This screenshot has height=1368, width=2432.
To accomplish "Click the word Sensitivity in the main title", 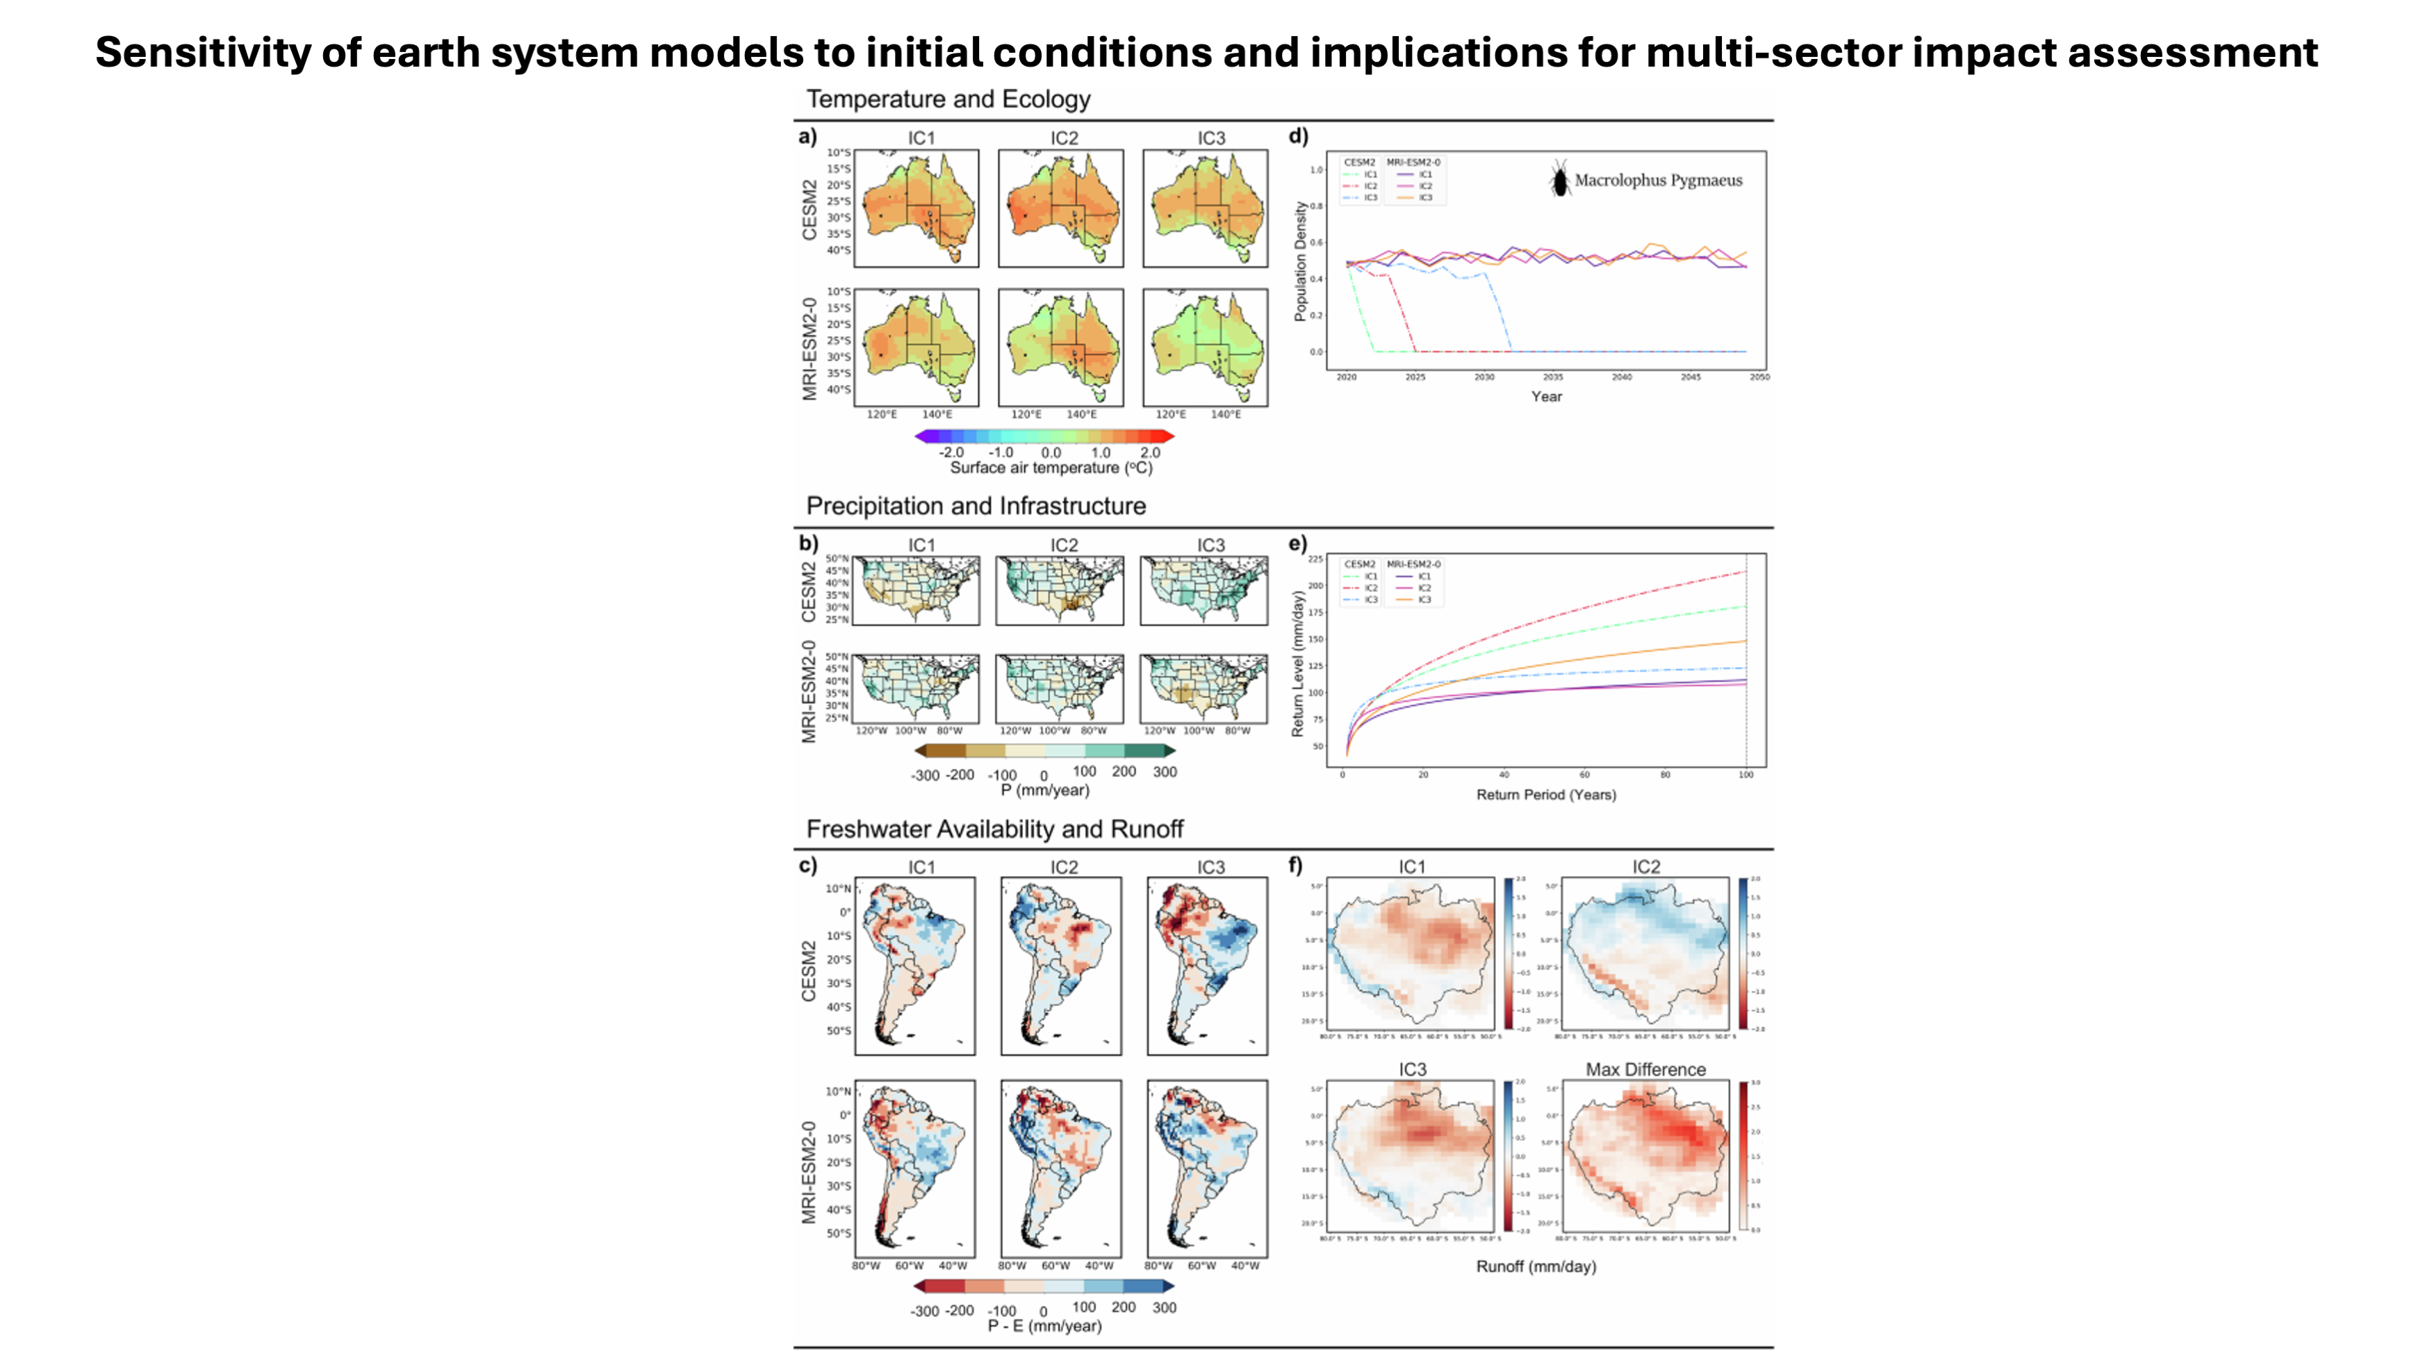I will coord(203,52).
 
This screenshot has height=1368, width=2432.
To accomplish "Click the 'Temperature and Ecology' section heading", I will coord(948,99).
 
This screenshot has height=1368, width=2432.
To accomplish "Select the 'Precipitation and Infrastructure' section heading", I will coord(976,506).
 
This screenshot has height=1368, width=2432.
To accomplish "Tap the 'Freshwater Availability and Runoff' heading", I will coord(994,829).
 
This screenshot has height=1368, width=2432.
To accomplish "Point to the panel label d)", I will coord(1298,136).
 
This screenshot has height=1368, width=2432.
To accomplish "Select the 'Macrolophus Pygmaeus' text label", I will coord(1658,181).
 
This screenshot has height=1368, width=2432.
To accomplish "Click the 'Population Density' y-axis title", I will coord(1301,261).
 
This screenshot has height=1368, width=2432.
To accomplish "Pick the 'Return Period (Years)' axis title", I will coord(1545,795).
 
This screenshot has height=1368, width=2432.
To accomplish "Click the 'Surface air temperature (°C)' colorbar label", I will coord(1051,468).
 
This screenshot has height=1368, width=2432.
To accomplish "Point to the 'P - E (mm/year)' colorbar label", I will coord(1044,1326).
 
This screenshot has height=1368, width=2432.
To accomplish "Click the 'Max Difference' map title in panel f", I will coord(1645,1070).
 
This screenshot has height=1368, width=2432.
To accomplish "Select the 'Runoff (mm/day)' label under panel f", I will coord(1536,1267).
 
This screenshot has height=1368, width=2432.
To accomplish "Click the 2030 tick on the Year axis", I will coord(1484,377).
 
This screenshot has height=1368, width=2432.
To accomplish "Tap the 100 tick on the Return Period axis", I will coord(1745,775).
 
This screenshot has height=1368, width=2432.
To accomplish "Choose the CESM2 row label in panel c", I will coord(809,971).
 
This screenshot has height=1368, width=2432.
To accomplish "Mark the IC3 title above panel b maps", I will coord(1210,545).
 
